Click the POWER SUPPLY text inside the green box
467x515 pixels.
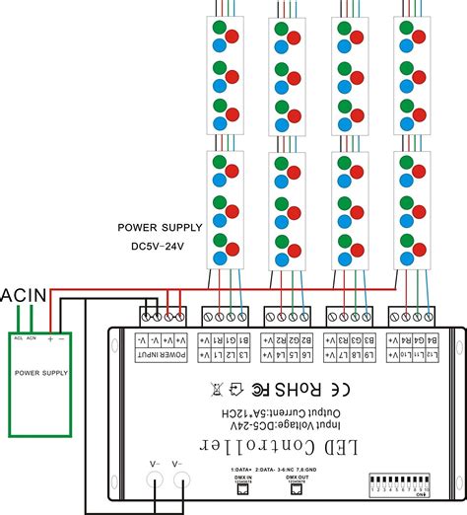[x=41, y=373]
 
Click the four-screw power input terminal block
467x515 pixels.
[x=162, y=316]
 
